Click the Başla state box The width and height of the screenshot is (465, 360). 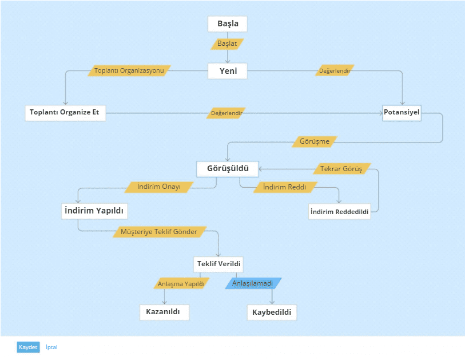click(x=228, y=23)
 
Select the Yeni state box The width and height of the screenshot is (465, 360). click(x=228, y=71)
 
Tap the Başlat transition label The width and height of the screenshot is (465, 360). click(x=227, y=44)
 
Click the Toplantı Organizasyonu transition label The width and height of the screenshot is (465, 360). click(x=129, y=70)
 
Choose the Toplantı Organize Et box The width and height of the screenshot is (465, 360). click(x=65, y=113)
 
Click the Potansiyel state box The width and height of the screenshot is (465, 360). click(x=402, y=113)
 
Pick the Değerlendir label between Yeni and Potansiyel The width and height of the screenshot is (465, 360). click(x=335, y=70)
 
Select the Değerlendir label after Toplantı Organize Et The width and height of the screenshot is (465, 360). click(x=226, y=113)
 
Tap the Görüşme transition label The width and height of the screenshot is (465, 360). click(x=315, y=141)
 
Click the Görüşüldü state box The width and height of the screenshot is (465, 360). click(x=228, y=169)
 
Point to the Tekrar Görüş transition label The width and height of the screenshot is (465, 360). click(x=341, y=169)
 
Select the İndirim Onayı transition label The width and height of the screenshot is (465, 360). click(x=158, y=187)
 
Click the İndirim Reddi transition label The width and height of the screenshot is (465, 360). click(x=285, y=187)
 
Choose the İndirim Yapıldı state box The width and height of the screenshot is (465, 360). click(x=94, y=211)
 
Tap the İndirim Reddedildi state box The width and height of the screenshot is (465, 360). click(x=340, y=212)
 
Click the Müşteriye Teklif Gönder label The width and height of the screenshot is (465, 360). click(x=159, y=232)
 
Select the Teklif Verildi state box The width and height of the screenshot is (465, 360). click(x=218, y=264)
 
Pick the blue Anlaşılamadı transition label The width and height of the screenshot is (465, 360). click(x=253, y=283)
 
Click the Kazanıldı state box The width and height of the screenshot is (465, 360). click(x=164, y=312)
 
